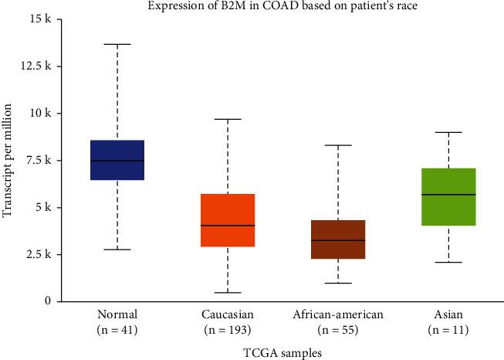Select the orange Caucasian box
228,220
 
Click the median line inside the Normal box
117,161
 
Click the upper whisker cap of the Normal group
117,45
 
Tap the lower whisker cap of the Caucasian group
228,293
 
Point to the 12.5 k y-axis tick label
38,66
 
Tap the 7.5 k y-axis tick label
40,160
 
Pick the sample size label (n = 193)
228,331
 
